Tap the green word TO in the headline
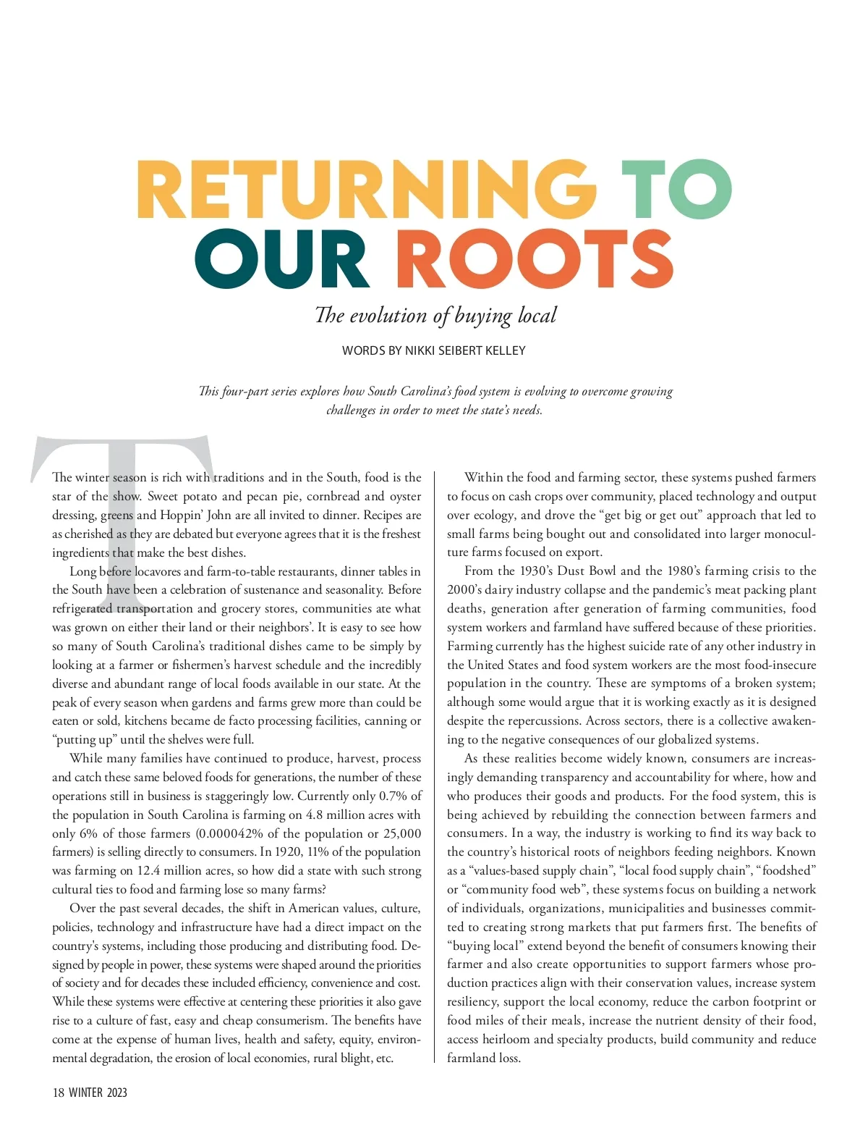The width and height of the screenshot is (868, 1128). [x=676, y=188]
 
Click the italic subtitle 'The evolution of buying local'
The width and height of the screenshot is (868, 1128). [x=435, y=316]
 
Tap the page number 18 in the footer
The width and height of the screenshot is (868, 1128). [x=59, y=1093]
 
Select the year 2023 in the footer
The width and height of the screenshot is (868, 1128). [x=116, y=1093]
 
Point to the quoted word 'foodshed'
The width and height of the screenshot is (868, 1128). [x=787, y=871]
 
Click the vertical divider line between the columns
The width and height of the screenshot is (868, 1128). [x=434, y=767]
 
